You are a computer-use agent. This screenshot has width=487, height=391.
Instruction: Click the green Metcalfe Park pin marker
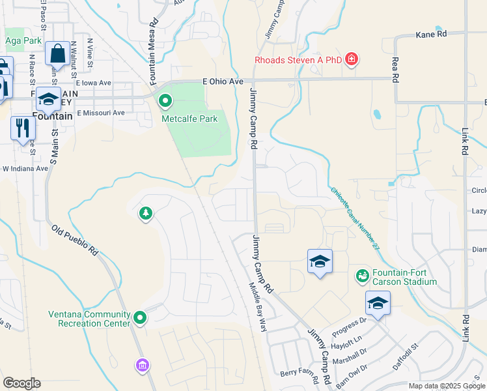(165, 101)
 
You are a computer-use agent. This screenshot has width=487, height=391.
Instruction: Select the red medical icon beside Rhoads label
(352, 61)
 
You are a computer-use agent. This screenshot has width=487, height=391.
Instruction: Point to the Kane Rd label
(432, 33)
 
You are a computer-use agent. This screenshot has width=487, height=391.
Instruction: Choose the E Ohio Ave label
(223, 81)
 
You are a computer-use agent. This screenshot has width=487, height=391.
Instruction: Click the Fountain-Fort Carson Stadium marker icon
(362, 276)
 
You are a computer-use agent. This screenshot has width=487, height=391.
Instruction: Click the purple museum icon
(142, 366)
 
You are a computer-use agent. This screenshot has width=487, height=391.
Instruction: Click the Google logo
(21, 383)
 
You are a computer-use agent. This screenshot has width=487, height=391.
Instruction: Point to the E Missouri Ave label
(100, 113)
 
